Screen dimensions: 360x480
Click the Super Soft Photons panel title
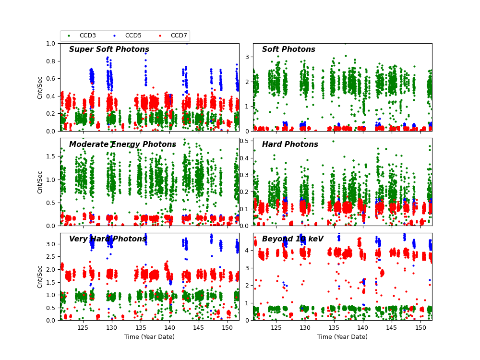(109, 49)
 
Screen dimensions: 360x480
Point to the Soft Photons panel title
(288, 49)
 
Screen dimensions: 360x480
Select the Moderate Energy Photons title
(122, 144)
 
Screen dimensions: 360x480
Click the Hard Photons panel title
(290, 144)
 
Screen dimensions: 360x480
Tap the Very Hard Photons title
(108, 239)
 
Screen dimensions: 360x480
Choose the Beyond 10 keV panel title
(292, 239)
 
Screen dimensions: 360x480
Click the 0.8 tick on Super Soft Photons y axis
(51, 61)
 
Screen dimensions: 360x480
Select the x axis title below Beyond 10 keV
(342, 337)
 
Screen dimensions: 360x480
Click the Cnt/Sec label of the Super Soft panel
(40, 87)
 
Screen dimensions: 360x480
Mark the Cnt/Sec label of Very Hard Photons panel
(40, 276)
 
